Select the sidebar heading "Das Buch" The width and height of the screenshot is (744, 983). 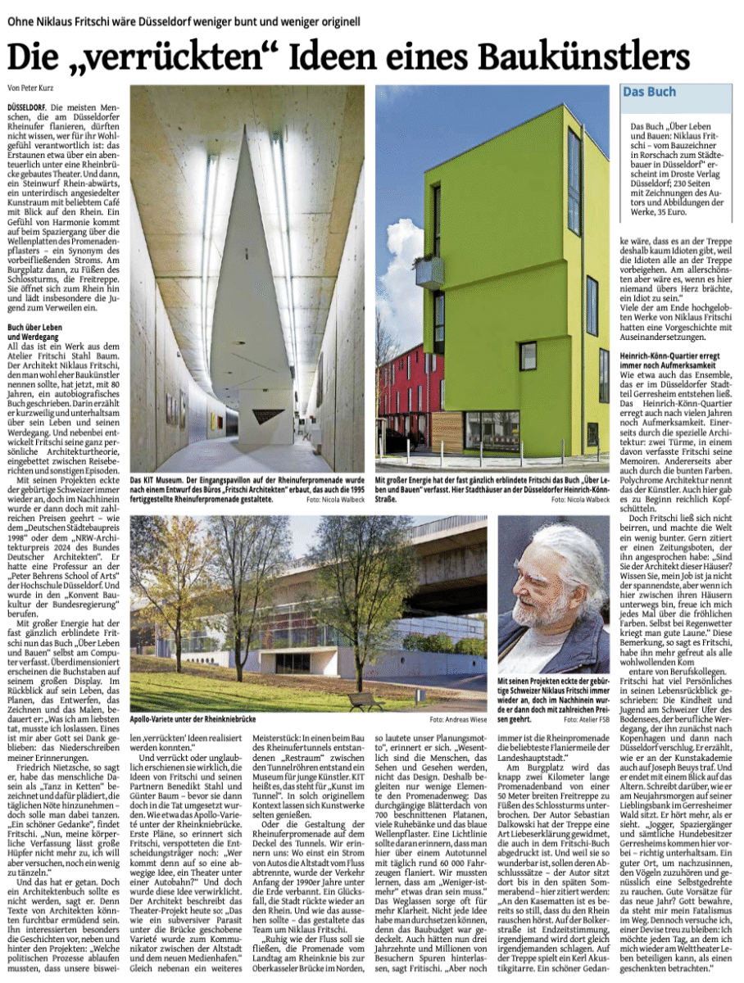pos(650,92)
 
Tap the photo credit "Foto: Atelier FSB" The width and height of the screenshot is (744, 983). pos(587,720)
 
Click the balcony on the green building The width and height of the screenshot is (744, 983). pos(430,271)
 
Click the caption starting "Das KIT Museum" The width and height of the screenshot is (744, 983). pos(246,487)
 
